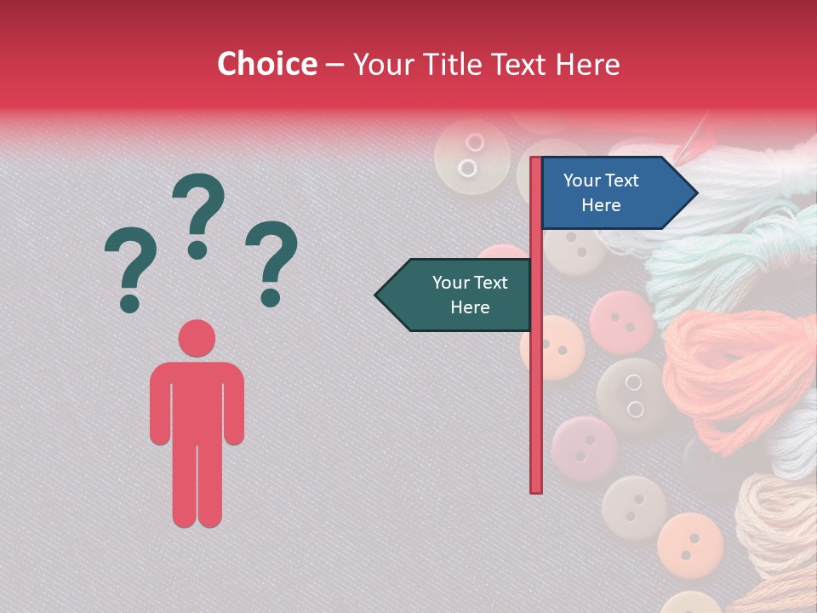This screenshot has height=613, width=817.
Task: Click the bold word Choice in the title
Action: coord(266,64)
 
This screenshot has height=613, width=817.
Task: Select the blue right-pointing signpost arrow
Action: coord(613,193)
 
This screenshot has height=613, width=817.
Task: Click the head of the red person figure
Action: coord(197,338)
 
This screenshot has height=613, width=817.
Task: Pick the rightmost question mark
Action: coord(271,262)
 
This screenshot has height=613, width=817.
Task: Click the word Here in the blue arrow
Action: coord(601,205)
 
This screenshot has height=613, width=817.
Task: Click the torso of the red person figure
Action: coord(197,400)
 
